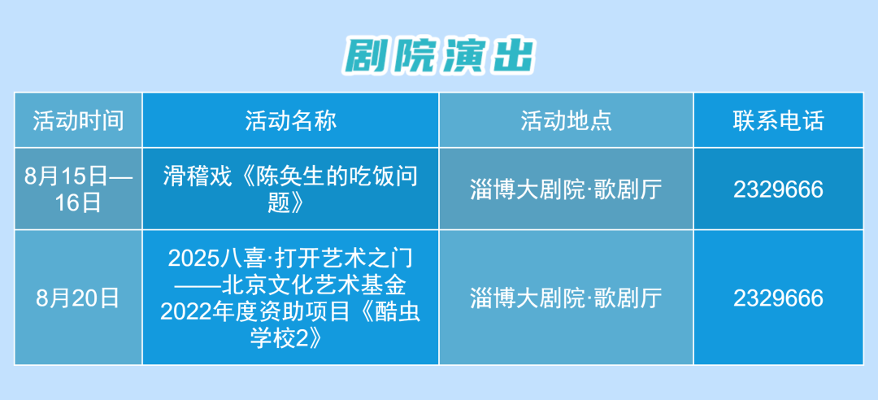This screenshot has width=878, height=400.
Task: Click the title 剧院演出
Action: [x=439, y=55]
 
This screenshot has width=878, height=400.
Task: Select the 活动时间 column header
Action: [x=78, y=121]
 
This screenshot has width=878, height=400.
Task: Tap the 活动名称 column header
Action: [x=290, y=121]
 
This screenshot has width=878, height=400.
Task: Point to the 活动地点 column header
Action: [x=566, y=121]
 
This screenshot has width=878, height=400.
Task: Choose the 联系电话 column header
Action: [x=778, y=121]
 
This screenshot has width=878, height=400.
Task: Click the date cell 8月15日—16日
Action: [x=78, y=189]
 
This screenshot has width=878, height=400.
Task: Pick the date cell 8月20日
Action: [x=78, y=298]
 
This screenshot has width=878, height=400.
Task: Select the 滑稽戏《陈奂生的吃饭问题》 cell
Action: [x=290, y=189]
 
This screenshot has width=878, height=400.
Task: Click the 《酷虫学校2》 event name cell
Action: [x=290, y=298]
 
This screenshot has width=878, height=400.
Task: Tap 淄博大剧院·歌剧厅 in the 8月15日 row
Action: [x=566, y=189]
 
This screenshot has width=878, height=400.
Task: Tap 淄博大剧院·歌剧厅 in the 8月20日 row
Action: [x=566, y=298]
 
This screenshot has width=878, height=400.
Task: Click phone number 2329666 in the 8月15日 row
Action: [x=778, y=189]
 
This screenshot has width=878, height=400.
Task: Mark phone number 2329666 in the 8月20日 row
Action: [x=778, y=298]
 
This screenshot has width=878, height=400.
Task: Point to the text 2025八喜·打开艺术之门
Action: [x=290, y=259]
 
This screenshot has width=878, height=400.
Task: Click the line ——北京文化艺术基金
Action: [x=290, y=285]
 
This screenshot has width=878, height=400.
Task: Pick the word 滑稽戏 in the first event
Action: [x=189, y=176]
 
